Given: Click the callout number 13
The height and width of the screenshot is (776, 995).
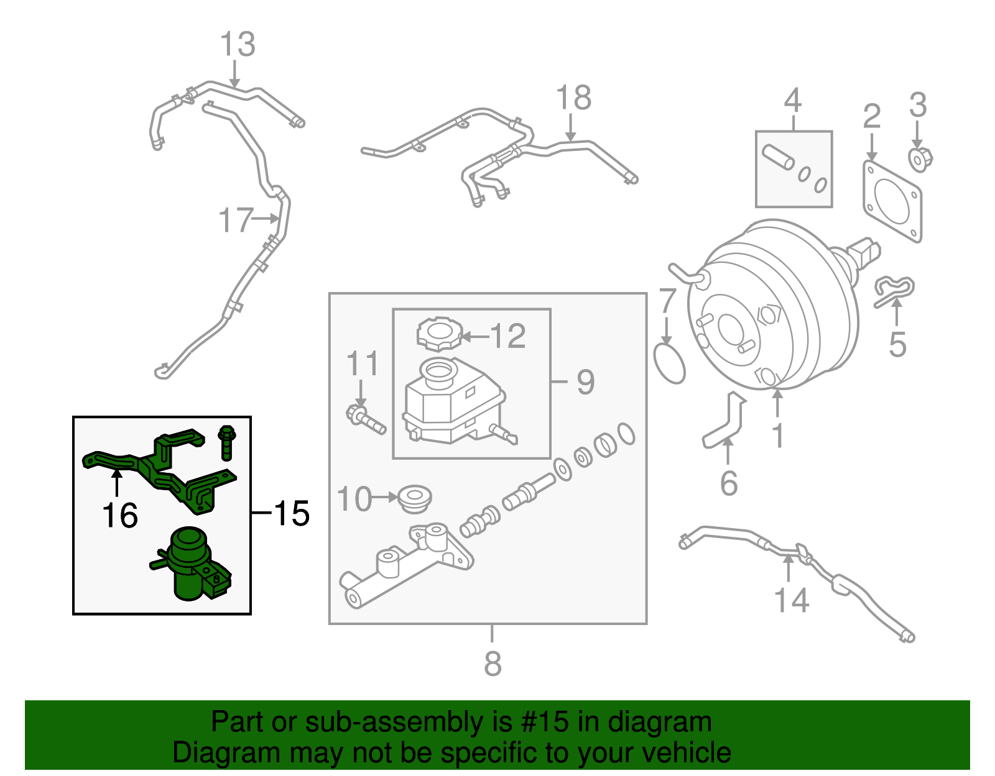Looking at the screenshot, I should [x=238, y=45].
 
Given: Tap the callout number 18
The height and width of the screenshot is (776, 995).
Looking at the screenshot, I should [x=573, y=98].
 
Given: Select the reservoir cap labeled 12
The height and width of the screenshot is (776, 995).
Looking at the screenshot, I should [x=440, y=334].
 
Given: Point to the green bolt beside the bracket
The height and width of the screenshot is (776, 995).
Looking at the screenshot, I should [x=226, y=442].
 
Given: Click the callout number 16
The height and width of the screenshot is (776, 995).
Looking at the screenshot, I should [x=119, y=516].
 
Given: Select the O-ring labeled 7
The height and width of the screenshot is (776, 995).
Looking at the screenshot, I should [x=670, y=363].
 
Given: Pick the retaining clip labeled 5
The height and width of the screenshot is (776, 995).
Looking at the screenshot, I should [x=894, y=291].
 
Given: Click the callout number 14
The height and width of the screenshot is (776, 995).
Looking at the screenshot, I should [x=791, y=600].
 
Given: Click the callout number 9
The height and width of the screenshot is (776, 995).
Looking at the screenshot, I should [x=585, y=381].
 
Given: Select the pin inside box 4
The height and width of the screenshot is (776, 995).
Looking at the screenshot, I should [x=778, y=157].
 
